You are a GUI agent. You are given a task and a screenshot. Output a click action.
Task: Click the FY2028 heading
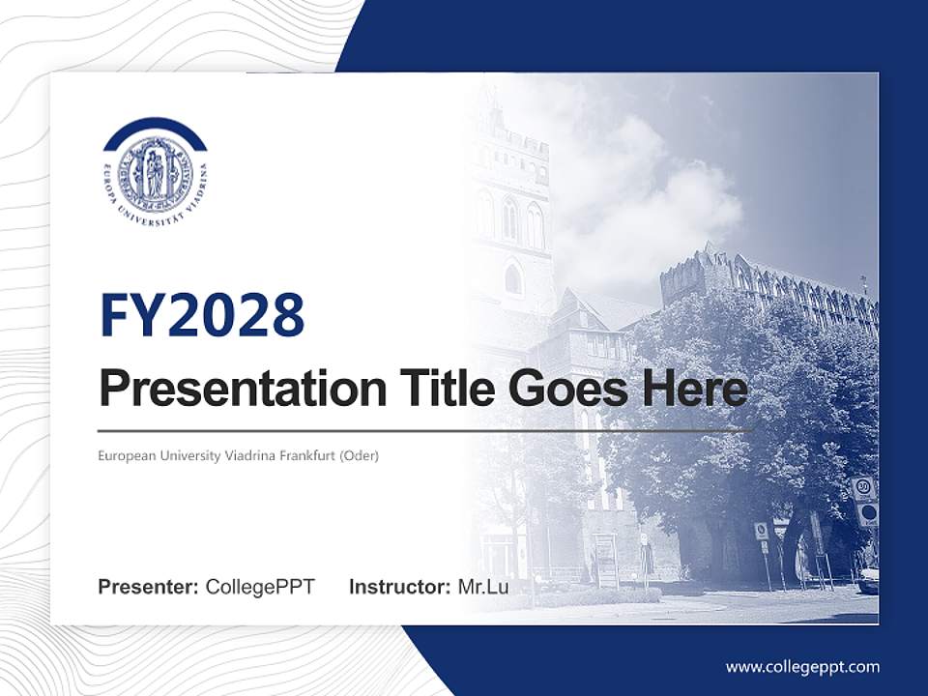pos(202,314)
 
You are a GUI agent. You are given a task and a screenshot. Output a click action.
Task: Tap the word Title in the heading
pos(441,389)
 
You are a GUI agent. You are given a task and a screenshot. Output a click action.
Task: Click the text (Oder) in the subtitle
pos(359,455)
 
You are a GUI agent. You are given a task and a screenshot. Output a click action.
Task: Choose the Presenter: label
pos(149,587)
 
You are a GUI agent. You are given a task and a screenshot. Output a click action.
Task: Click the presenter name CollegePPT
pos(260,587)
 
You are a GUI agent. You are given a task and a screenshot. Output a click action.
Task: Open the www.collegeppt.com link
pos(802,667)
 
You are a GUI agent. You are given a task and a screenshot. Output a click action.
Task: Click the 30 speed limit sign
pos(863,488)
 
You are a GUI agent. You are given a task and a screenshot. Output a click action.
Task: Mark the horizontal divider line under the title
pos(425,430)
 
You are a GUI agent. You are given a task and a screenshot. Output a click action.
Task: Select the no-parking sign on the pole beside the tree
pos(761,531)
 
